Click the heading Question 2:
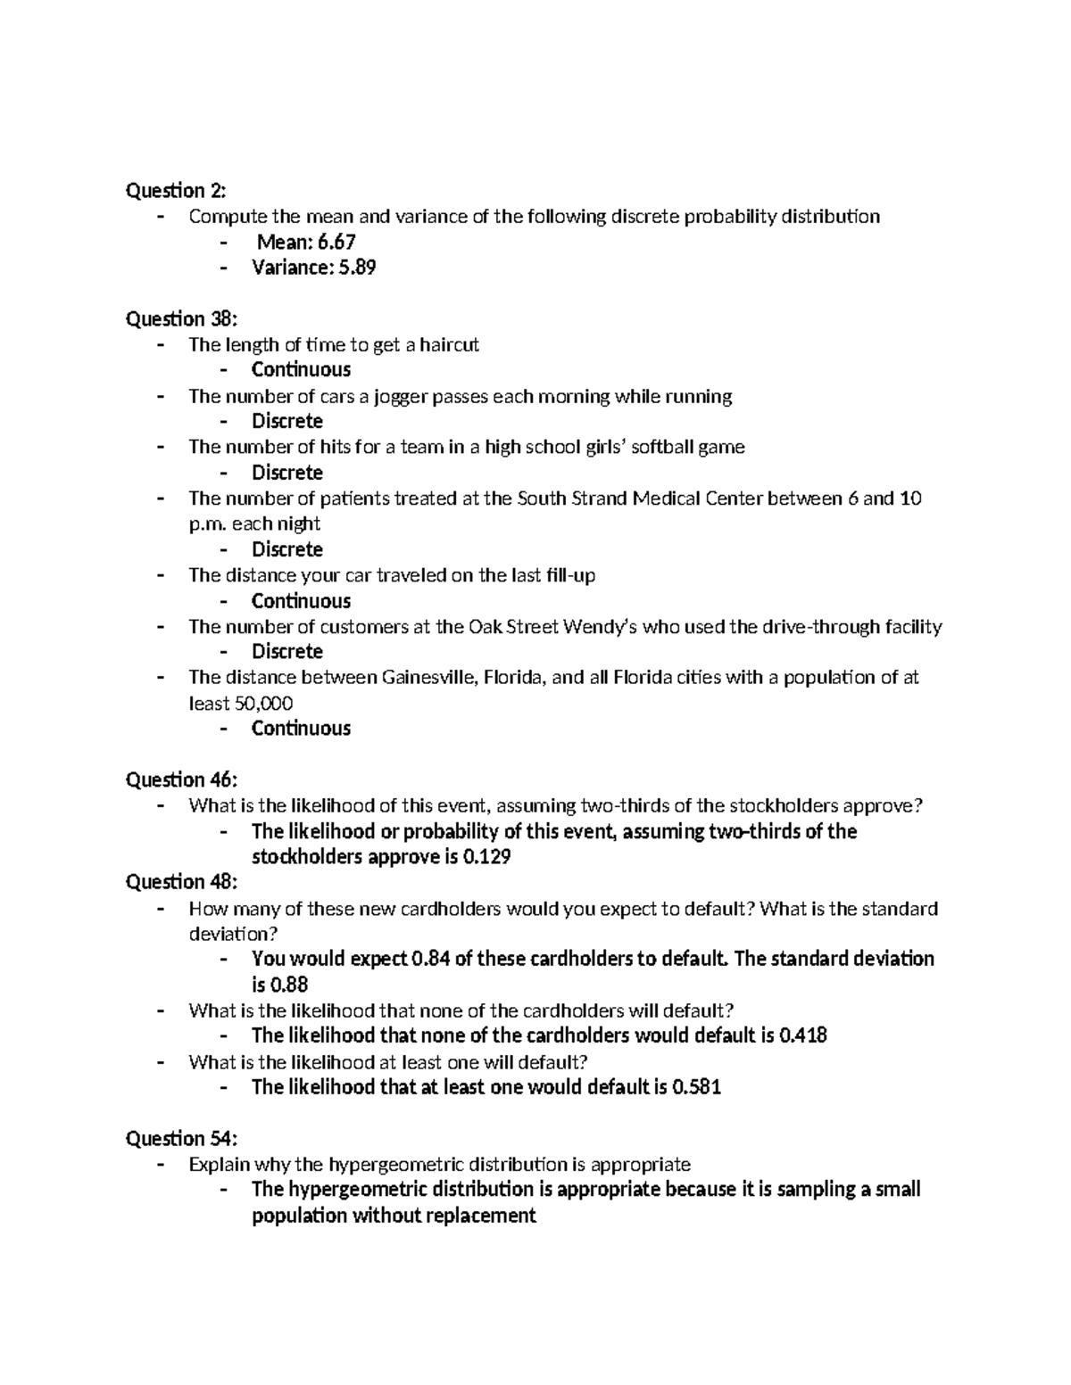176,190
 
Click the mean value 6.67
331,242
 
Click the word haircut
450,344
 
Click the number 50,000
263,704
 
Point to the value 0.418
802,1035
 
